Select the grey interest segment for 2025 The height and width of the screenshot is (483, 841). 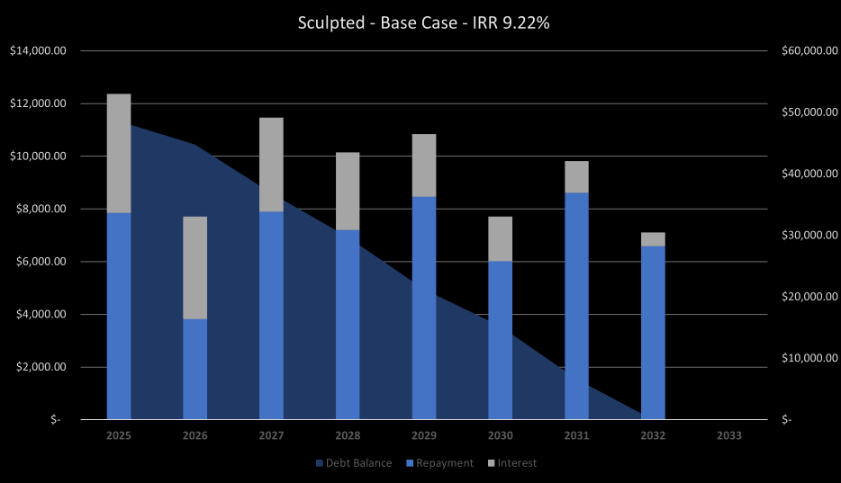tap(119, 153)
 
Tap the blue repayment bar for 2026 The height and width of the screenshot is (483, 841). tap(194, 369)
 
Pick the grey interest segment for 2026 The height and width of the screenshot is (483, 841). tap(194, 267)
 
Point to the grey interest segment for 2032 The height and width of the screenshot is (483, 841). tap(653, 239)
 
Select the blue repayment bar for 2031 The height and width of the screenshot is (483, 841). tap(576, 306)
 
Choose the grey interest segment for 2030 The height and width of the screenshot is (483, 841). tap(501, 238)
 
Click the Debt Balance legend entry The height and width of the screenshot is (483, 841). tap(354, 463)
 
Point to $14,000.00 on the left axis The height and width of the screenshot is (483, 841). tap(38, 51)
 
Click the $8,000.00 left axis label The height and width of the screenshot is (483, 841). tap(41, 209)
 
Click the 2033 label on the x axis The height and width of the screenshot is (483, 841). tap(729, 435)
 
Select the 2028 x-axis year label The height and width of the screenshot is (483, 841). tap(348, 435)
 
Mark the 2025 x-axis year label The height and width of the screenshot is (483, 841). tap(119, 435)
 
